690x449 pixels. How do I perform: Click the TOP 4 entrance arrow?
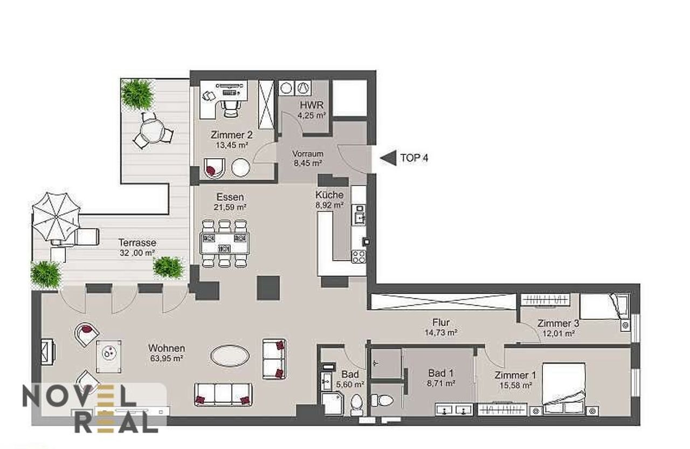point(389,158)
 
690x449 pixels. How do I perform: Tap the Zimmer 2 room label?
point(232,135)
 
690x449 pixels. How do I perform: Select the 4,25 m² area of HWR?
point(312,115)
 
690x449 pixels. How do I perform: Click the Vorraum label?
point(308,154)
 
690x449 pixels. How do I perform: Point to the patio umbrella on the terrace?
point(56,217)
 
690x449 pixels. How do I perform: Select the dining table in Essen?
point(225,243)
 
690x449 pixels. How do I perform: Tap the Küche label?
point(329,195)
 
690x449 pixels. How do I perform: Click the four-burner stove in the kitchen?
point(359,256)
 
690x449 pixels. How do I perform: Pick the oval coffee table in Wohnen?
point(230,356)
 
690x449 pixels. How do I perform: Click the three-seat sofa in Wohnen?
point(223,394)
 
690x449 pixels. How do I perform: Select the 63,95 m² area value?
point(167,359)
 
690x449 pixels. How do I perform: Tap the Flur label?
point(441,323)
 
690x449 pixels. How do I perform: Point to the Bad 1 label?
point(441,373)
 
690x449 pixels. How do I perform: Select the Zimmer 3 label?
point(558,323)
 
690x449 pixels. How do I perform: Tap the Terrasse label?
point(137,243)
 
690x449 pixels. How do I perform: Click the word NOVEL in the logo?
point(79,396)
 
